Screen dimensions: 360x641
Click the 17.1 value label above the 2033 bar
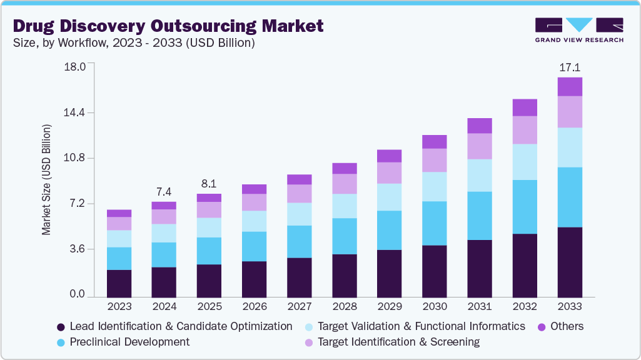[570, 67]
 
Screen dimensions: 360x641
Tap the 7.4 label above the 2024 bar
[164, 191]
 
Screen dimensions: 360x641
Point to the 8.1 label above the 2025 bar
[209, 184]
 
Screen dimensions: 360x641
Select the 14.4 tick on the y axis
[73, 112]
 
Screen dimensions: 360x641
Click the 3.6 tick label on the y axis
[76, 249]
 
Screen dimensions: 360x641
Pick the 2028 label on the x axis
[345, 307]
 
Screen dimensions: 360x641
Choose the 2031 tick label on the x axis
[480, 307]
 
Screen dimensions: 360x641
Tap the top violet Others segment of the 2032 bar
[525, 107]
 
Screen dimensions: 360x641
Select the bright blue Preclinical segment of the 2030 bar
[435, 223]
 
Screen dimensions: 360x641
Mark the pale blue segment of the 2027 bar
[300, 214]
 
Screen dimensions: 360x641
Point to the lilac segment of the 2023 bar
[119, 223]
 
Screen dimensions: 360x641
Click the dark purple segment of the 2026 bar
[254, 278]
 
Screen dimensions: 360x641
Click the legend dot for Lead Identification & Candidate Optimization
[61, 327]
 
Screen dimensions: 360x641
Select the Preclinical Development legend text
[129, 342]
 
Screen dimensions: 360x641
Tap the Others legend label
[567, 326]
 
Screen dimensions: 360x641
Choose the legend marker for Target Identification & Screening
[309, 342]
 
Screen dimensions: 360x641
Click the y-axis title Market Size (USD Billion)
[47, 180]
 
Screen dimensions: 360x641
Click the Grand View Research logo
[579, 30]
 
